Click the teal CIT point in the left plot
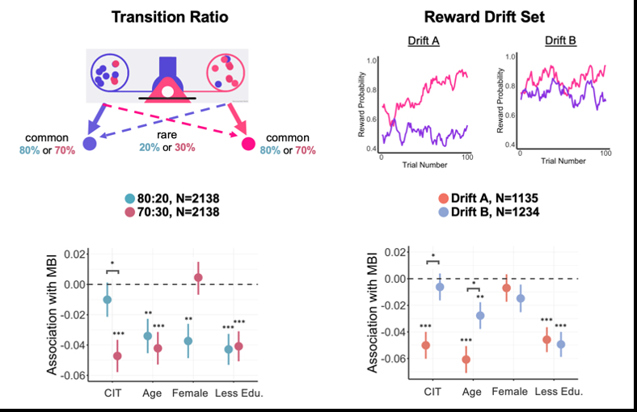point(108,300)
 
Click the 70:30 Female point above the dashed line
point(198,278)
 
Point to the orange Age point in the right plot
point(466,359)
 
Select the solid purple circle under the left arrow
point(90,143)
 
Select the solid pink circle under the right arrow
point(248,144)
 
